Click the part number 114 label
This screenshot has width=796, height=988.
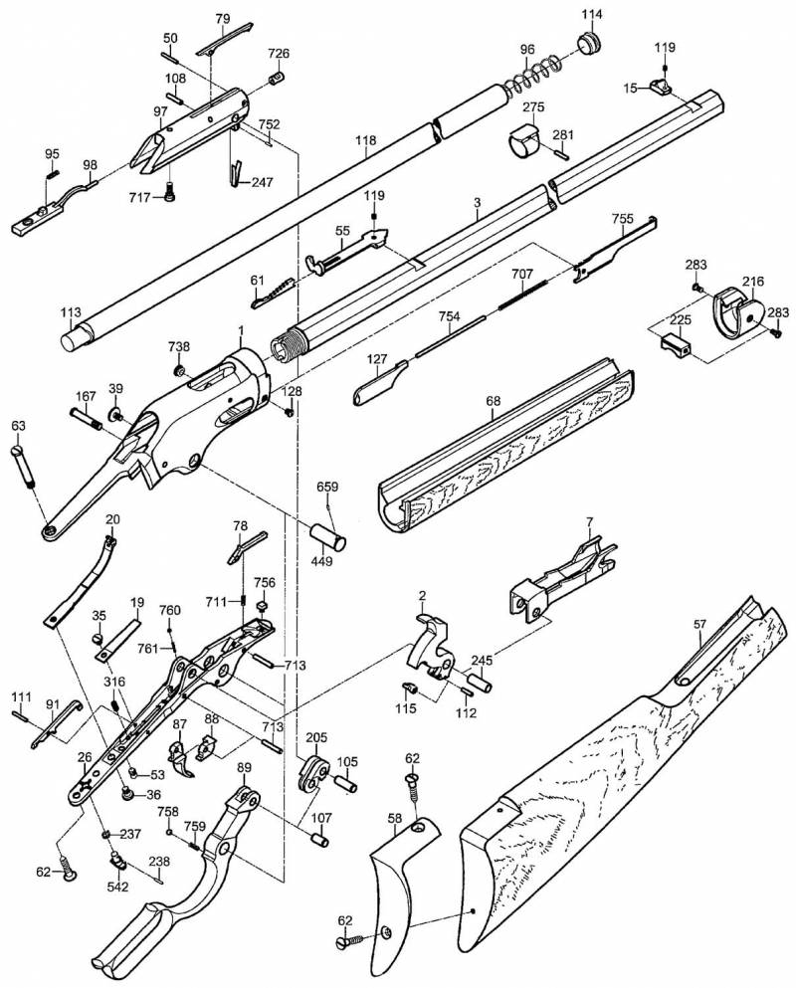click(592, 14)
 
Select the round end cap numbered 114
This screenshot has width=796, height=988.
click(591, 45)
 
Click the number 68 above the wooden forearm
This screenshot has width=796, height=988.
click(494, 400)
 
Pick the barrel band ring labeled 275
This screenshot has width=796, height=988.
click(523, 140)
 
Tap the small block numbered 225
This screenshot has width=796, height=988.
click(677, 345)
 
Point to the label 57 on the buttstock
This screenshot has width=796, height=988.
click(700, 624)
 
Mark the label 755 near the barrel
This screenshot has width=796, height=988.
click(623, 219)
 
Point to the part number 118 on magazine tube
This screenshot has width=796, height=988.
click(366, 140)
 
